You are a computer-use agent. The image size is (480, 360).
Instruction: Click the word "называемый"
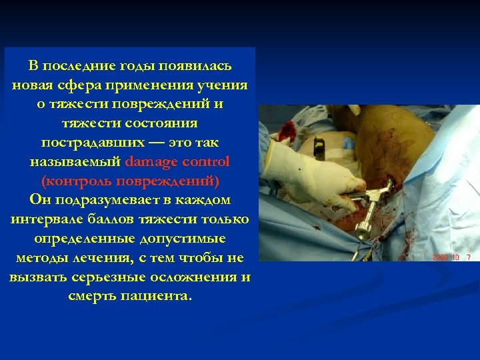pyautogui.click(x=75, y=161)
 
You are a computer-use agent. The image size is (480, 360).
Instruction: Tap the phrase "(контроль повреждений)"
pyautogui.click(x=129, y=181)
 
